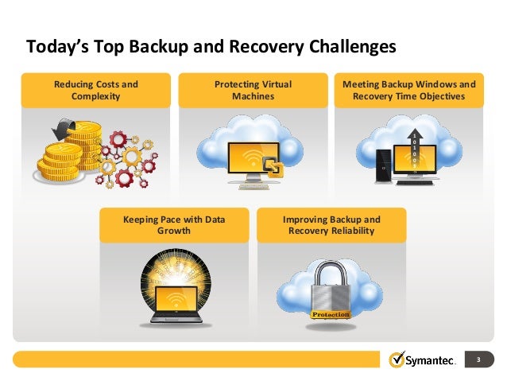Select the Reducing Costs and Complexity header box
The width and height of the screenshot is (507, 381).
(x=95, y=90)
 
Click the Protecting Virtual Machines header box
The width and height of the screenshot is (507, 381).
(x=253, y=90)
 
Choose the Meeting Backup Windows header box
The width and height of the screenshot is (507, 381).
(x=409, y=90)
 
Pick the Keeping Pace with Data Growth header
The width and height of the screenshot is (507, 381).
(x=173, y=225)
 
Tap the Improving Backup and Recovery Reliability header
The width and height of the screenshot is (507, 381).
(x=331, y=225)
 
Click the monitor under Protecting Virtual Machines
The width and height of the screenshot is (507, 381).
(x=250, y=159)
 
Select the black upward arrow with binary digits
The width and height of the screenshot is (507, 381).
(x=414, y=151)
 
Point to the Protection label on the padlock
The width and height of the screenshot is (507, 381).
(x=330, y=315)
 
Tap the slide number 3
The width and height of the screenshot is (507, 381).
(x=479, y=360)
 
